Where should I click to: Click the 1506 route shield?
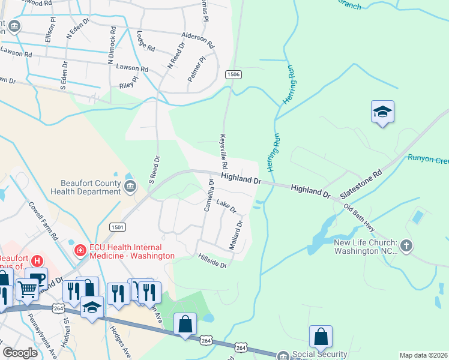234,74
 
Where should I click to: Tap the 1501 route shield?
117,227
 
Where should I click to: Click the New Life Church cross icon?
406,245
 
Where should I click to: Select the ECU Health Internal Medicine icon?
79,250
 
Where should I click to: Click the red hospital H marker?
37,260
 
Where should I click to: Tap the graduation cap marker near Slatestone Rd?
382,112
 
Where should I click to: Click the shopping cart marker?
27,289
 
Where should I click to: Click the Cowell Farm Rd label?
43,218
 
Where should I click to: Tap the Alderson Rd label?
199,40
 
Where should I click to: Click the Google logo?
20,353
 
